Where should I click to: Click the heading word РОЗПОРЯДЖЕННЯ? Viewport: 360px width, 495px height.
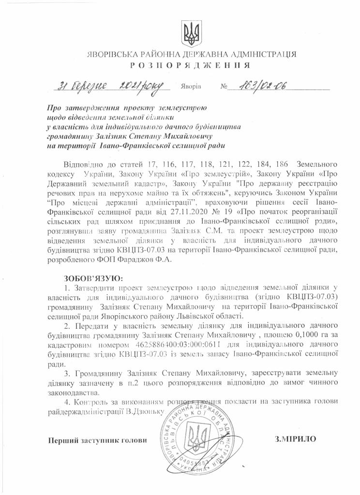[190, 65]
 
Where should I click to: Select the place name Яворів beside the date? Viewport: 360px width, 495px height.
[191, 88]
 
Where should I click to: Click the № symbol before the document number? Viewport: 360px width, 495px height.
[224, 88]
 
